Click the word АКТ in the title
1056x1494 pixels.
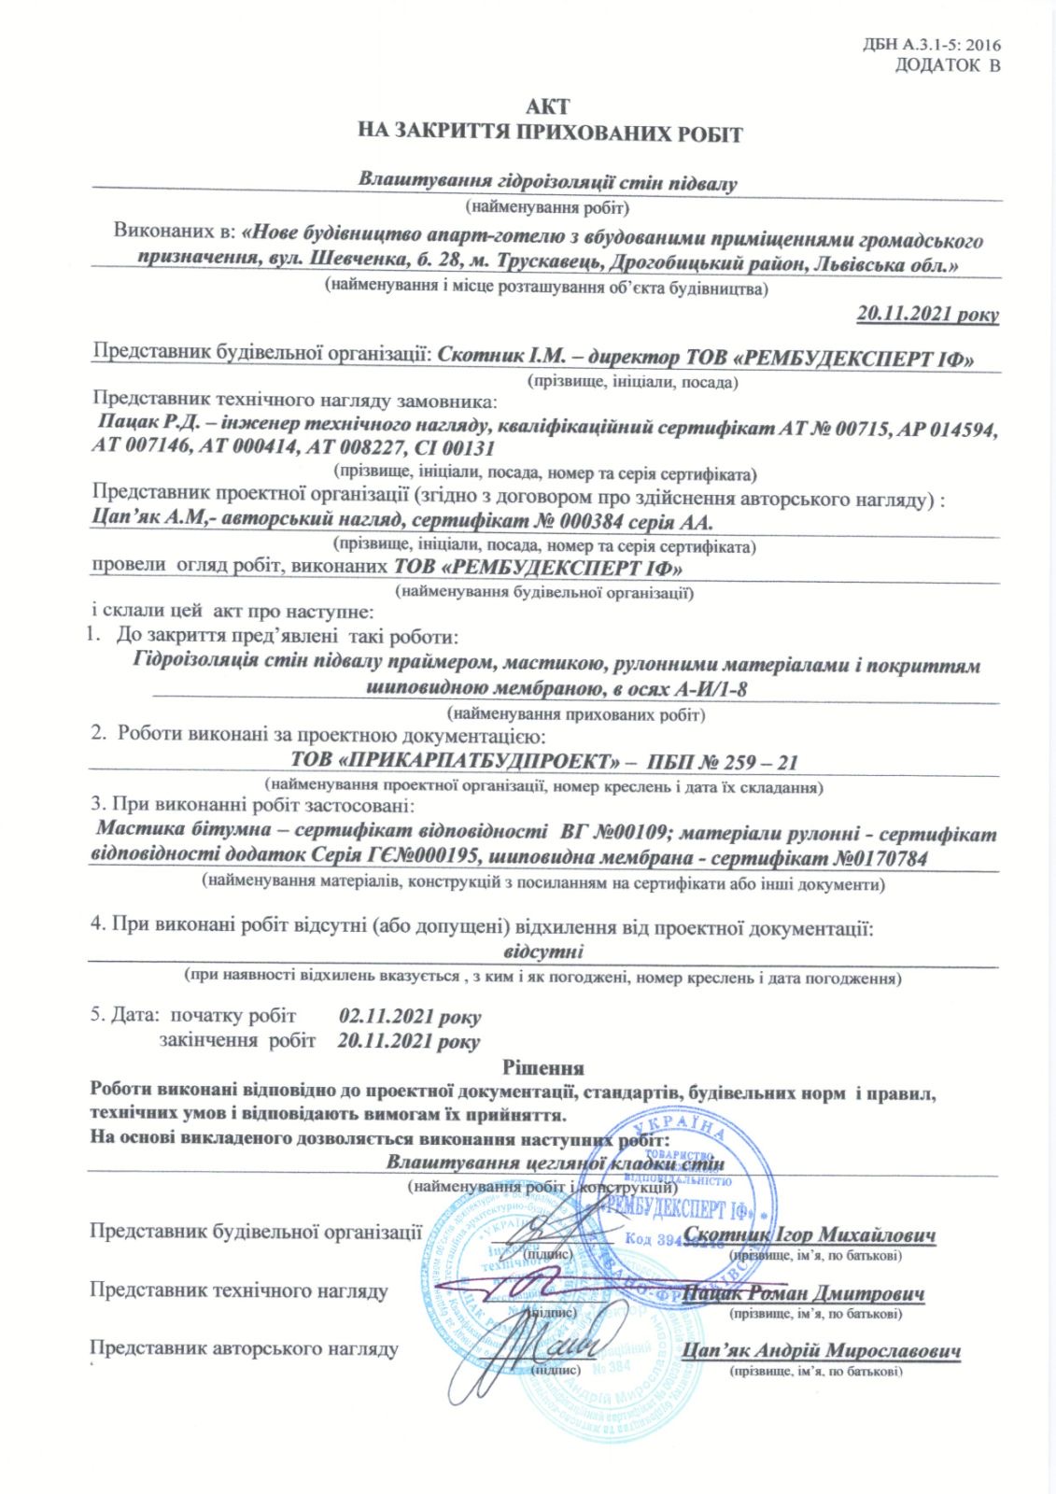(547, 107)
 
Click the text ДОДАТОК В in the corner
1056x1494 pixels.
(947, 65)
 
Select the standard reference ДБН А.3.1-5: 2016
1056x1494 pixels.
(933, 44)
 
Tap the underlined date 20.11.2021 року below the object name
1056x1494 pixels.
(927, 314)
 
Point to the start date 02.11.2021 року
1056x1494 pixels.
(410, 1016)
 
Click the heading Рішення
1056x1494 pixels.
(543, 1067)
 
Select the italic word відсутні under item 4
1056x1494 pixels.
(543, 952)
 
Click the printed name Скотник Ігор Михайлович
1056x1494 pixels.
(810, 1234)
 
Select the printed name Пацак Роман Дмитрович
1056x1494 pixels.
(804, 1293)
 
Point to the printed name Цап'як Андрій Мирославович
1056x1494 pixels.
(821, 1351)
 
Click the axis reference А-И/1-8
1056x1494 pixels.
(711, 690)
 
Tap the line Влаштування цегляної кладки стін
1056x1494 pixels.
(555, 1163)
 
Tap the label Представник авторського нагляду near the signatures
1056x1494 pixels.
(244, 1348)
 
